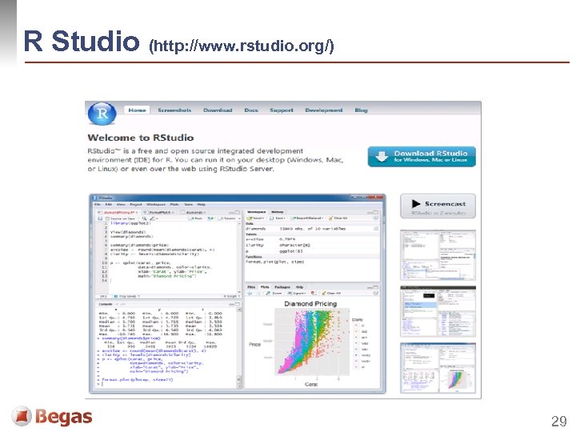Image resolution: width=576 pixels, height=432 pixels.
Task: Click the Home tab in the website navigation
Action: (x=138, y=110)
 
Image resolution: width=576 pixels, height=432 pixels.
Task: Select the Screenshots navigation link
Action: (x=174, y=110)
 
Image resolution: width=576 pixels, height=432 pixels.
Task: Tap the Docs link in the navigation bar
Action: (x=251, y=110)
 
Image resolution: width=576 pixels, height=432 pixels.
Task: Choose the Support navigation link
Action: (x=281, y=110)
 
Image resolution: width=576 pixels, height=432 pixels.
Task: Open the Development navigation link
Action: (x=323, y=110)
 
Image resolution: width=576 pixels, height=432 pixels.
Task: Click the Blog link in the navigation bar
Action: (x=361, y=110)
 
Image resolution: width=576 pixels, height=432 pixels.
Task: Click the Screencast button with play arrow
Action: (x=438, y=206)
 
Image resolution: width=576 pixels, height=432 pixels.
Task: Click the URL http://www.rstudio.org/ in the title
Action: (x=241, y=47)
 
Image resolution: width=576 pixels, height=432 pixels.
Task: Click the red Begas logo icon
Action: (x=22, y=416)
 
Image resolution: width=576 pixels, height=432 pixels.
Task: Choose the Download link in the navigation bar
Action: (x=218, y=110)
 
